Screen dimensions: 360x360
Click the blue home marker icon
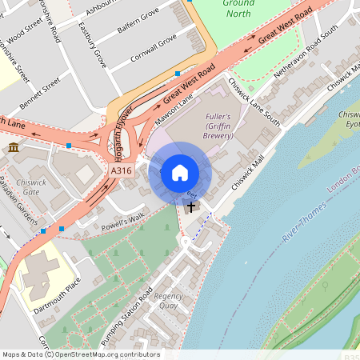(180, 172)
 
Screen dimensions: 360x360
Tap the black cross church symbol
(190, 207)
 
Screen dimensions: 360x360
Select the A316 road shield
(121, 171)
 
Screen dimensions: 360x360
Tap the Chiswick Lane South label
(254, 102)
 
